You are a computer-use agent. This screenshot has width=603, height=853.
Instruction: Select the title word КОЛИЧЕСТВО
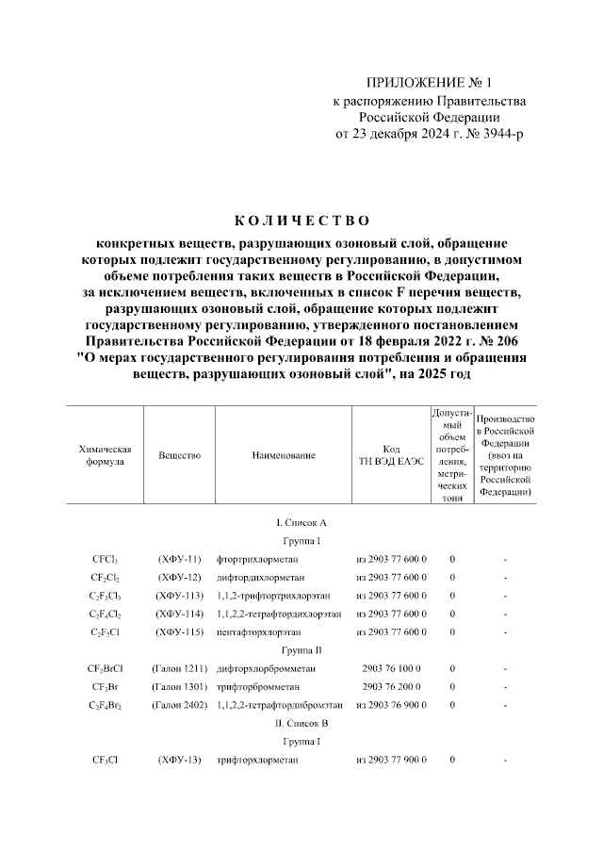click(x=301, y=221)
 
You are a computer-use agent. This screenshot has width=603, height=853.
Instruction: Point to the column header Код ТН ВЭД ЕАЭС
click(x=391, y=455)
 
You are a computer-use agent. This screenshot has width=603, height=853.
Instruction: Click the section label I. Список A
click(x=301, y=522)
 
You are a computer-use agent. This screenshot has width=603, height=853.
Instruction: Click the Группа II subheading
click(x=301, y=650)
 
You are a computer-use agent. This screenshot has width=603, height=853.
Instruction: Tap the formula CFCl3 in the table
click(x=105, y=559)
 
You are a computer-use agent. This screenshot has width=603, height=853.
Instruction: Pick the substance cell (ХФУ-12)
click(x=179, y=577)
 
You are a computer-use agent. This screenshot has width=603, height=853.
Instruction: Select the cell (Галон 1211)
click(x=179, y=668)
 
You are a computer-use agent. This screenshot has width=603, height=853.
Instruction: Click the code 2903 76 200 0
click(x=391, y=686)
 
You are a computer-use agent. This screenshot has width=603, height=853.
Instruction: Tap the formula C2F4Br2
click(x=105, y=704)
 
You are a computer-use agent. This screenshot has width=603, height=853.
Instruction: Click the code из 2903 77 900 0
click(x=391, y=760)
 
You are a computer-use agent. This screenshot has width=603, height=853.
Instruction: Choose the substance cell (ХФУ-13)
click(x=179, y=760)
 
